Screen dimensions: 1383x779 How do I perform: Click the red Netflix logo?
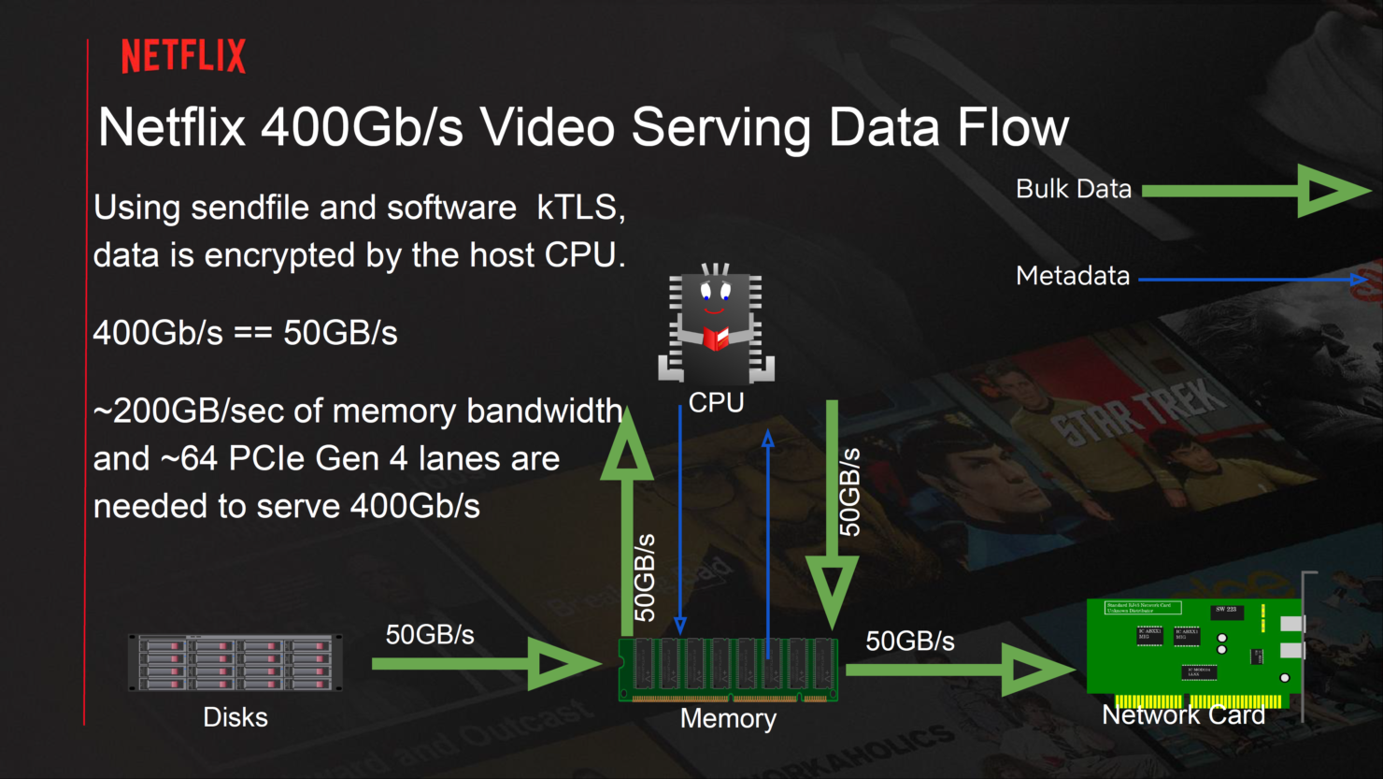183,56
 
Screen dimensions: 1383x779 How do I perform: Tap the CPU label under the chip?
716,403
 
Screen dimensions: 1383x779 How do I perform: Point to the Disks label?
235,717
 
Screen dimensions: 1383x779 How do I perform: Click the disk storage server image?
235,662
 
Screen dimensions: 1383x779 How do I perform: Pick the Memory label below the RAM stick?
728,718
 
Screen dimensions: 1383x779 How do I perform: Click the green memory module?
728,670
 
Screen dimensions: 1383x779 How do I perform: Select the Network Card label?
1183,715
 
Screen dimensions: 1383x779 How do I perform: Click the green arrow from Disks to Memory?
486,664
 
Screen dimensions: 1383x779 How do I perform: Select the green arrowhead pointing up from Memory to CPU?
627,444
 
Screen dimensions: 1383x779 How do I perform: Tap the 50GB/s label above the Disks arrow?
430,635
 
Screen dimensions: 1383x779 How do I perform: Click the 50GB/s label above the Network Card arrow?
910,642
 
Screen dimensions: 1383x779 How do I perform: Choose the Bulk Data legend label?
1074,189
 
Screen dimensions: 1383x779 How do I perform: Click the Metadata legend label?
1073,276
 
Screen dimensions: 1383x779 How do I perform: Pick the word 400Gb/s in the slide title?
362,127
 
